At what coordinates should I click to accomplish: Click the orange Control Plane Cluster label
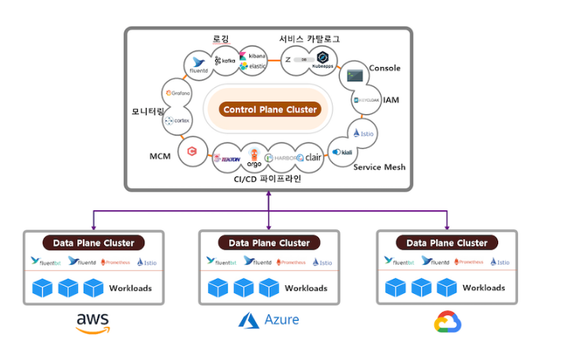tap(270, 109)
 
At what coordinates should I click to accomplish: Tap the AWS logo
tap(93, 322)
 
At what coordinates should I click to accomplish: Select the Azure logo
tap(269, 321)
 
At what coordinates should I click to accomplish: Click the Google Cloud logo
tap(447, 321)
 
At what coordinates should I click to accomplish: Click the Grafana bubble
tap(177, 94)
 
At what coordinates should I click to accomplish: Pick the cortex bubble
tap(178, 121)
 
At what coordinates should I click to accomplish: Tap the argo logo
tap(254, 157)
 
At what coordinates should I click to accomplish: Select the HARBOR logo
tap(281, 158)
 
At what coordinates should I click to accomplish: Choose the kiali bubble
tap(342, 151)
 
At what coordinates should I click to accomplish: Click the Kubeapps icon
tap(323, 61)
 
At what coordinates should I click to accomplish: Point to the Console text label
tap(385, 69)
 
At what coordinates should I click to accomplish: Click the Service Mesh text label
tap(379, 167)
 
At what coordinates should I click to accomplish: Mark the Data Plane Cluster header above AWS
tap(94, 243)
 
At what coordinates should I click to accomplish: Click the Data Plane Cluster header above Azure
tap(269, 243)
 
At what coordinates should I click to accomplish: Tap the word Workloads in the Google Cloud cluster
tap(484, 288)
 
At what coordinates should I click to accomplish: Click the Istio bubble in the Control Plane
tap(363, 133)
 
